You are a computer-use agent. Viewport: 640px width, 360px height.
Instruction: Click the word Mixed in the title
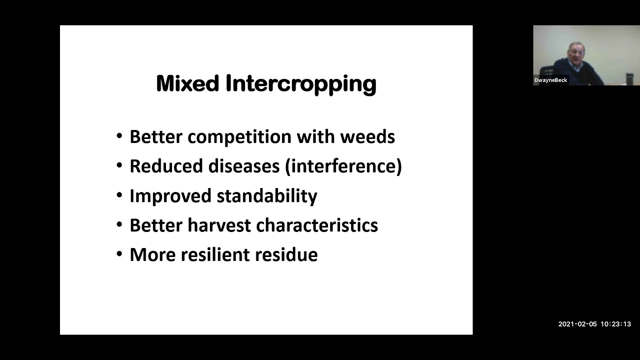tap(187, 83)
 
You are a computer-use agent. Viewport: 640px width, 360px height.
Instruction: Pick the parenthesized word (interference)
tap(343, 166)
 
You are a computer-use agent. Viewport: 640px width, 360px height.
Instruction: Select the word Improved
tap(170, 195)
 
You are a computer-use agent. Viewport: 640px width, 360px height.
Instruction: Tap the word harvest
tap(218, 225)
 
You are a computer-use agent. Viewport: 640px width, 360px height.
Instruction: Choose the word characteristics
tap(315, 225)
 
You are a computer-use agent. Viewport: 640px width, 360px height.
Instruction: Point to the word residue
tap(286, 254)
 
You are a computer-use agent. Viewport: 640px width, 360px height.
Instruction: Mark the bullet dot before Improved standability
tap(119, 195)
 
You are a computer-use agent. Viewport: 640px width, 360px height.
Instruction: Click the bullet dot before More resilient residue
tap(119, 254)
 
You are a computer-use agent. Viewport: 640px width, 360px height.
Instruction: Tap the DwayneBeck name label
tap(550, 80)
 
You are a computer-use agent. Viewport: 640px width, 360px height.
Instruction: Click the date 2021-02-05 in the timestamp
tap(577, 324)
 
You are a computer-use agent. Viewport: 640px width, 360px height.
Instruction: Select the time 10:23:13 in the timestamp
tap(615, 324)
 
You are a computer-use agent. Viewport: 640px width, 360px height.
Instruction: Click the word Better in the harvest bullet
tap(155, 225)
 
